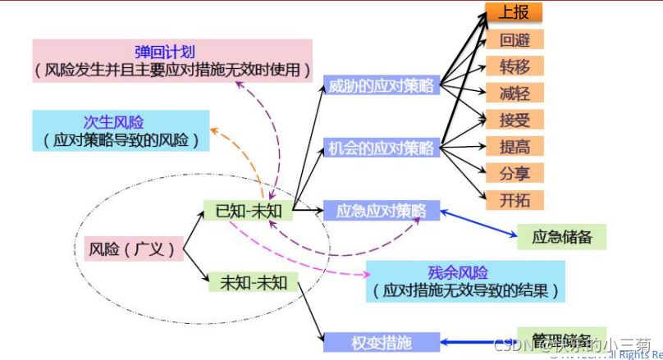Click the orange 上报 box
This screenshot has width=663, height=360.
click(x=514, y=12)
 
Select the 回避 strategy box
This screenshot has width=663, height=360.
click(x=514, y=39)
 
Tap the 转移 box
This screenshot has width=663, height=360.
click(x=514, y=66)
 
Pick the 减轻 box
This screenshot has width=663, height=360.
click(x=514, y=93)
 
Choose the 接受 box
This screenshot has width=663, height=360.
click(x=514, y=120)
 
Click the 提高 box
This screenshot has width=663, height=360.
click(x=514, y=146)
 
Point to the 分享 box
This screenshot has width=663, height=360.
click(x=514, y=173)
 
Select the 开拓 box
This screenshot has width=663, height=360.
click(x=514, y=199)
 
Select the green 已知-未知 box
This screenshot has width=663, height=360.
click(x=249, y=211)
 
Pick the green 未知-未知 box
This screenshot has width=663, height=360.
click(x=254, y=283)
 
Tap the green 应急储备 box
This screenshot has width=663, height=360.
click(x=562, y=237)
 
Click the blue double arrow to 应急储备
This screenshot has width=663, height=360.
click(x=476, y=223)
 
